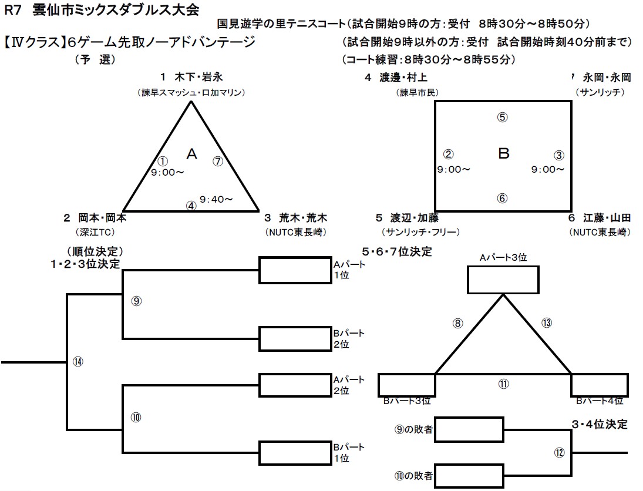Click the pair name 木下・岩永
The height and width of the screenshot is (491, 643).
pos(199,77)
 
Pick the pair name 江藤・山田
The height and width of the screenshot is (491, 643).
pos(607,217)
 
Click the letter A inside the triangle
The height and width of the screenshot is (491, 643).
pos(191,154)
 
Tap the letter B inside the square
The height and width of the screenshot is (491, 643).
pos(503,154)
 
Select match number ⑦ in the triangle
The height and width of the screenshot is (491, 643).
pos(217,160)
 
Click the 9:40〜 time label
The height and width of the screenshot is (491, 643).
pos(216,199)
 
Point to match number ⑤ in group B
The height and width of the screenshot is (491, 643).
pos(502,117)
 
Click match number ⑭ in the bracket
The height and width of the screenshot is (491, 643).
pos(78,361)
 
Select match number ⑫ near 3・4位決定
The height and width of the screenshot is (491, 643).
pos(558,453)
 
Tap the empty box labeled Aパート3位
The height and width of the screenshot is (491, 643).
pos(503,280)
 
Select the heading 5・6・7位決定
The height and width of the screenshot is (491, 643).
pos(396,252)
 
